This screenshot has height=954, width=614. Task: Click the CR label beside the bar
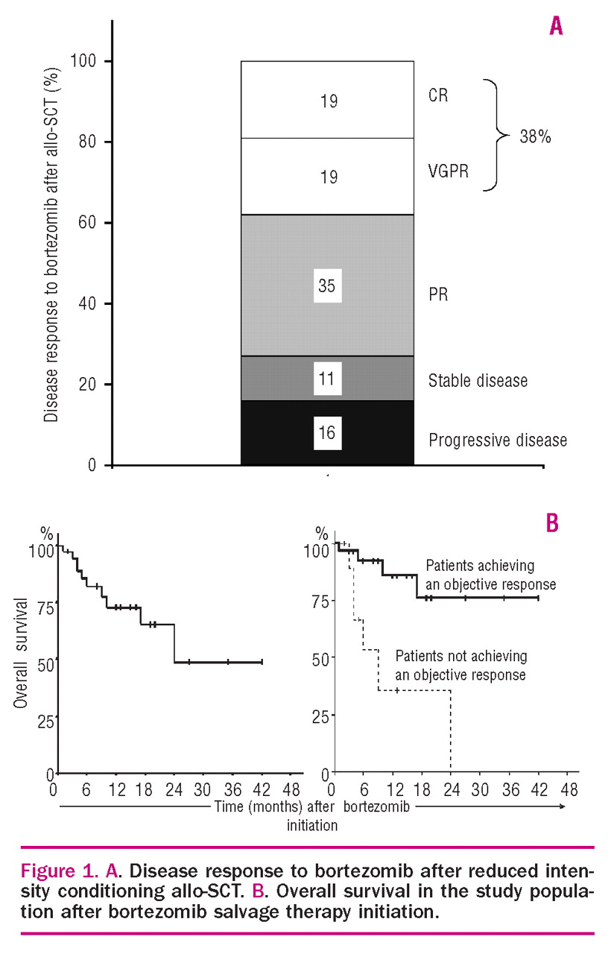click(438, 97)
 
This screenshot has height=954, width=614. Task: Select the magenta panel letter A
click(555, 27)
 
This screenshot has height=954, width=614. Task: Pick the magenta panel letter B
click(552, 523)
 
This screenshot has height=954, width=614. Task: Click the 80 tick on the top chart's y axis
click(89, 142)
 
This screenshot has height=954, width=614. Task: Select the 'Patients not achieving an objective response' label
click(460, 666)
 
